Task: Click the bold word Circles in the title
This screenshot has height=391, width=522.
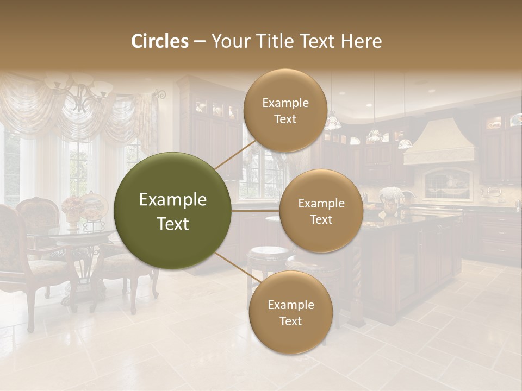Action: [159, 41]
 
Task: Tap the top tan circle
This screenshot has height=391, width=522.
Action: [284, 110]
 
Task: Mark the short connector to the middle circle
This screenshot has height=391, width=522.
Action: [256, 210]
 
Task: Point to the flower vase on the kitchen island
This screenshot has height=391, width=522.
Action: [390, 199]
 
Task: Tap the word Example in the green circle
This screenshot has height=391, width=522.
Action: [173, 200]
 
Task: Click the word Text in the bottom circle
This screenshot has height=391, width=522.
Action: [290, 321]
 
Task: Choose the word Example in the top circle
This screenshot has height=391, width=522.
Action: [285, 103]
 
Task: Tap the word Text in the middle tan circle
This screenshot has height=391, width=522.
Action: [321, 219]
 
